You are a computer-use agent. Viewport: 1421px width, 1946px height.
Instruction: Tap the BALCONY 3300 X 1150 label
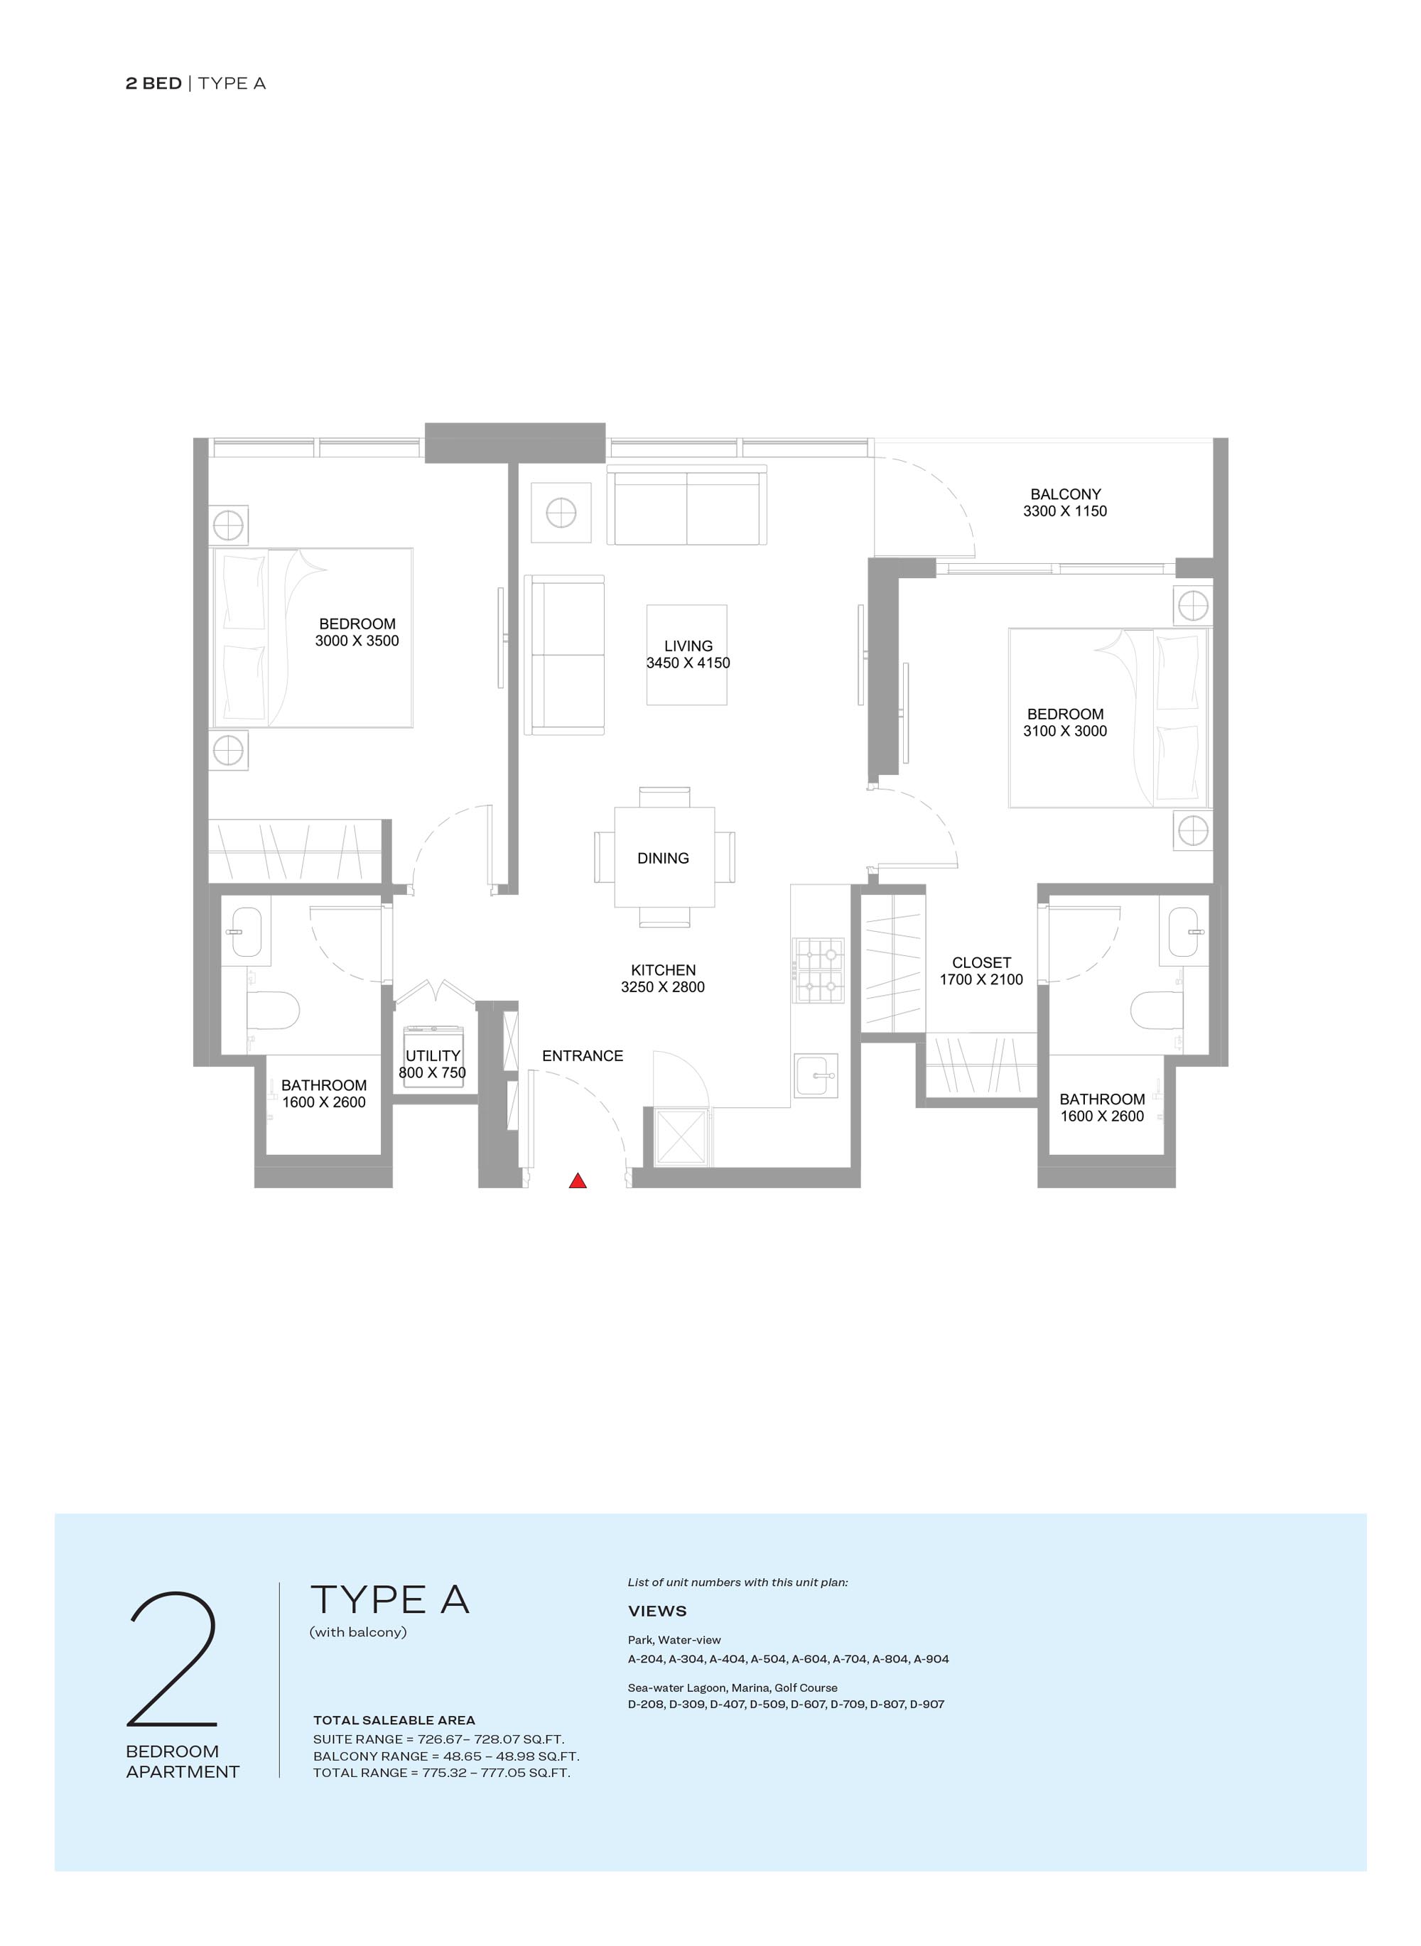pos(1065,502)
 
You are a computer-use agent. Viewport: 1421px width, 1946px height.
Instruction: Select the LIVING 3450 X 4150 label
pos(688,653)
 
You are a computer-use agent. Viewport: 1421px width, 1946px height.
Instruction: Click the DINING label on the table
pos(662,858)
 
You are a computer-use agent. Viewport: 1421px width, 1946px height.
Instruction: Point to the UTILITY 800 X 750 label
pos(433,1064)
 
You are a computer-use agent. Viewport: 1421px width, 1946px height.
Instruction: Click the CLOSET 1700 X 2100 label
pos(980,971)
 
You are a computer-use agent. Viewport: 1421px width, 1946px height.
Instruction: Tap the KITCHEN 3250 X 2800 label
pos(662,979)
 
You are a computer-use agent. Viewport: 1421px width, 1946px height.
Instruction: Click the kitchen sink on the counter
pos(816,1075)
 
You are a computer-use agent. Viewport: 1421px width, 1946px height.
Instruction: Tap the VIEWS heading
pos(657,1611)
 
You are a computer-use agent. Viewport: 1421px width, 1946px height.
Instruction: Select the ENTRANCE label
pos(583,1056)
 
